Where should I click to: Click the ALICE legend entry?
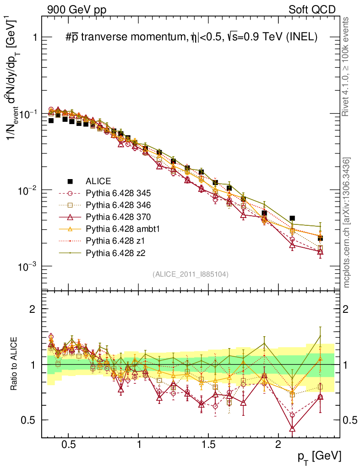coord(98,181)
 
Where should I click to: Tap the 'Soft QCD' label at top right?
coord(311,9)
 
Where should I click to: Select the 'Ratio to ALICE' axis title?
coord(16,364)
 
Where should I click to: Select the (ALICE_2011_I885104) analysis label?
coord(191,274)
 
